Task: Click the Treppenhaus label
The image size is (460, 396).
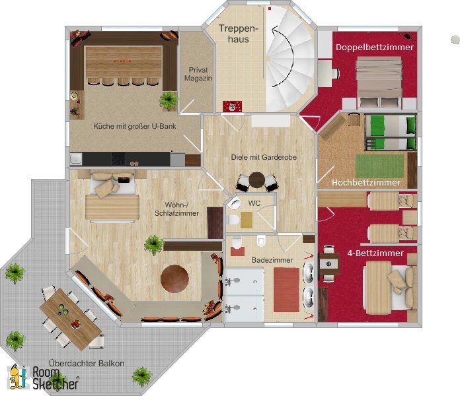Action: point(238,34)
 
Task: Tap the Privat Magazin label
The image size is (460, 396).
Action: point(198,74)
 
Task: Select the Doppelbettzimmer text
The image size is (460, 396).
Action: point(375,47)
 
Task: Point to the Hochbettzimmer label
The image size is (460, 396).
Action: point(366,182)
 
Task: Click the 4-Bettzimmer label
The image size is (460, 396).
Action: point(375,253)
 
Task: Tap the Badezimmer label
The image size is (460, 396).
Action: point(272,260)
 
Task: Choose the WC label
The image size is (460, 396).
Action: point(254,203)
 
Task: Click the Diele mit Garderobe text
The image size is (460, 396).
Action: point(264,157)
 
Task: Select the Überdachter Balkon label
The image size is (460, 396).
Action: point(87,364)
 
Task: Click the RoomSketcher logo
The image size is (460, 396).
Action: point(44,378)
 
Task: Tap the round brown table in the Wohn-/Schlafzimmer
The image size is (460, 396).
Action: point(174,279)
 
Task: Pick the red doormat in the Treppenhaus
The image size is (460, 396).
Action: point(233,106)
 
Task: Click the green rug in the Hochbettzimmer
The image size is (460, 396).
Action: point(379,166)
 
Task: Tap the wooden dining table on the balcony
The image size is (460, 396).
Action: point(71,319)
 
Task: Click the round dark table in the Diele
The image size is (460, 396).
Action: point(257,180)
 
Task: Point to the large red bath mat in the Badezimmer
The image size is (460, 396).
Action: point(286,290)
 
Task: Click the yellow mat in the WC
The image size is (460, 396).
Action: point(247,220)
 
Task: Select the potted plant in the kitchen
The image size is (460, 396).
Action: point(169,100)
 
